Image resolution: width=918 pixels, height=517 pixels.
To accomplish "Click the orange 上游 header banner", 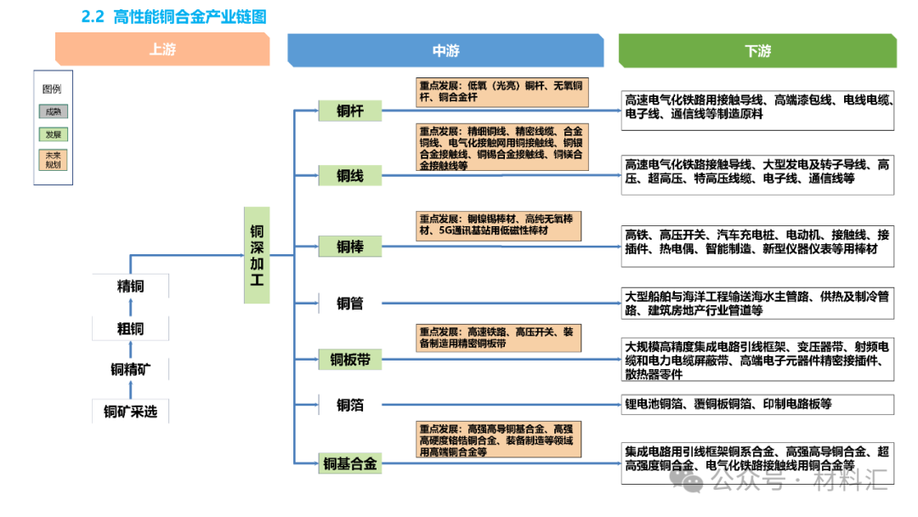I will pyautogui.click(x=161, y=50).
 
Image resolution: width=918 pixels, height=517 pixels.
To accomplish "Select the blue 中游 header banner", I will pyautogui.click(x=445, y=51).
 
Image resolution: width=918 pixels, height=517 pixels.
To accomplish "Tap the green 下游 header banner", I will pyautogui.click(x=756, y=51).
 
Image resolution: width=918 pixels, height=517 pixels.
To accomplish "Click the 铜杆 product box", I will pyautogui.click(x=349, y=111).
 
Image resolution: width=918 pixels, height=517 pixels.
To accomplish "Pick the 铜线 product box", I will pyautogui.click(x=349, y=176).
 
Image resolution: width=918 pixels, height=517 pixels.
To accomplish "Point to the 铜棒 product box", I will pyautogui.click(x=349, y=247).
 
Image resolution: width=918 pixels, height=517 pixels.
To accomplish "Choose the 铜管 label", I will pyautogui.click(x=349, y=303).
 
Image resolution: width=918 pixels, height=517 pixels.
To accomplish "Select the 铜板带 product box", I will pyautogui.click(x=349, y=360).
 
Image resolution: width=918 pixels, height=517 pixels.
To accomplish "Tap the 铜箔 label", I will pyautogui.click(x=349, y=405).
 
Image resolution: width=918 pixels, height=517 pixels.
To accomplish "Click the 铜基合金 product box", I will pyautogui.click(x=349, y=464).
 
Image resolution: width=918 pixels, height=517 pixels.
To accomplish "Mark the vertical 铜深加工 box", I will pyautogui.click(x=256, y=255).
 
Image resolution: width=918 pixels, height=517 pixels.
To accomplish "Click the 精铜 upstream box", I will pyautogui.click(x=130, y=287).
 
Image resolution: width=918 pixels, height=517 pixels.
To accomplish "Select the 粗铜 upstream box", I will pyautogui.click(x=130, y=328).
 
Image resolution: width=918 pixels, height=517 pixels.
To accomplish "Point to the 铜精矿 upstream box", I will pyautogui.click(x=130, y=369).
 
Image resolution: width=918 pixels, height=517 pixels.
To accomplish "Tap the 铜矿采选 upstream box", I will pyautogui.click(x=130, y=412).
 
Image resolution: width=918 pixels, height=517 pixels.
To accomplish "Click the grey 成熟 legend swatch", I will pyautogui.click(x=53, y=111).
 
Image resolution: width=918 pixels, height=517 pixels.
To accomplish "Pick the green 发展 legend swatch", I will pyautogui.click(x=53, y=134).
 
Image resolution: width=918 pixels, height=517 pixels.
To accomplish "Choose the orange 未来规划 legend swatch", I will pyautogui.click(x=53, y=160).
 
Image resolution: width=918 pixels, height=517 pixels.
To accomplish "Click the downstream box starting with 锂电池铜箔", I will pyautogui.click(x=757, y=405).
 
